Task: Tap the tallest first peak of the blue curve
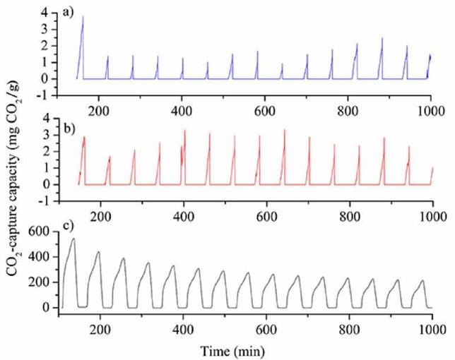pos(83,17)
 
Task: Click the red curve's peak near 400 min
pos(185,131)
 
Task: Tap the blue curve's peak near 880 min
pos(382,39)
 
